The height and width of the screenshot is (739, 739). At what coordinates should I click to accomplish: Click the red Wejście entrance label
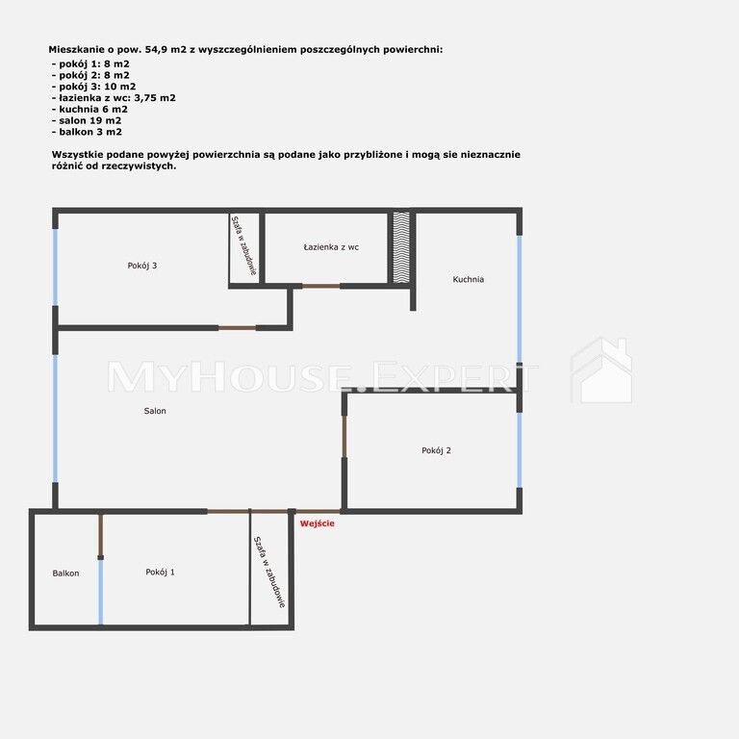pos(318,523)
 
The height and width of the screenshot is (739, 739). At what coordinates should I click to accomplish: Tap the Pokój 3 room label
pos(141,266)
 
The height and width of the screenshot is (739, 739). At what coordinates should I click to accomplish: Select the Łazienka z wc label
pos(331,247)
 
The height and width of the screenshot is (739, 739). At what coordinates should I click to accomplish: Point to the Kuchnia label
pos(468,279)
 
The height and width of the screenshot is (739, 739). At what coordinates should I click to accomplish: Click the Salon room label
pos(155,411)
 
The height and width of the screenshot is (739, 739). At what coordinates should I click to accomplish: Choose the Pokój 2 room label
pos(436,450)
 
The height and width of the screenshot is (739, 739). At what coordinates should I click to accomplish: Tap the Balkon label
pos(65,573)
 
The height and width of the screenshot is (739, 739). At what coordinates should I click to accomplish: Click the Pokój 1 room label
pos(160,573)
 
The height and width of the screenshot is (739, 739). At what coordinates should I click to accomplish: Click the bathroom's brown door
pos(321,286)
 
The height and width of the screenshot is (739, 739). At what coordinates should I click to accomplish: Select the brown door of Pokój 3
pos(237,328)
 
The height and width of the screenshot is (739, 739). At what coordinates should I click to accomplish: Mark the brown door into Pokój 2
pos(344,437)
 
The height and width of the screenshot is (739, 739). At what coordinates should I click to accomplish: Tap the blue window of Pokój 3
pos(55,268)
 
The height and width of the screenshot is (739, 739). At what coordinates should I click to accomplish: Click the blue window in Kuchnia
pos(520,299)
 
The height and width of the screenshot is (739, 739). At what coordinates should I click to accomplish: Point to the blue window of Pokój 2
pos(520,449)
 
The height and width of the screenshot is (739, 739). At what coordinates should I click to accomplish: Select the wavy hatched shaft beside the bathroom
pos(401,247)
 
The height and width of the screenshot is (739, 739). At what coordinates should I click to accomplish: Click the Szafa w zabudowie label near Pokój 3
pos(243,245)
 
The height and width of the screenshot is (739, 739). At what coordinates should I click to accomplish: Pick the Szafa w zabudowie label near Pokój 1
pos(269,573)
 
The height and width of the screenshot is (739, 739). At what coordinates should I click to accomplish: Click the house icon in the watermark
pos(602,370)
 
